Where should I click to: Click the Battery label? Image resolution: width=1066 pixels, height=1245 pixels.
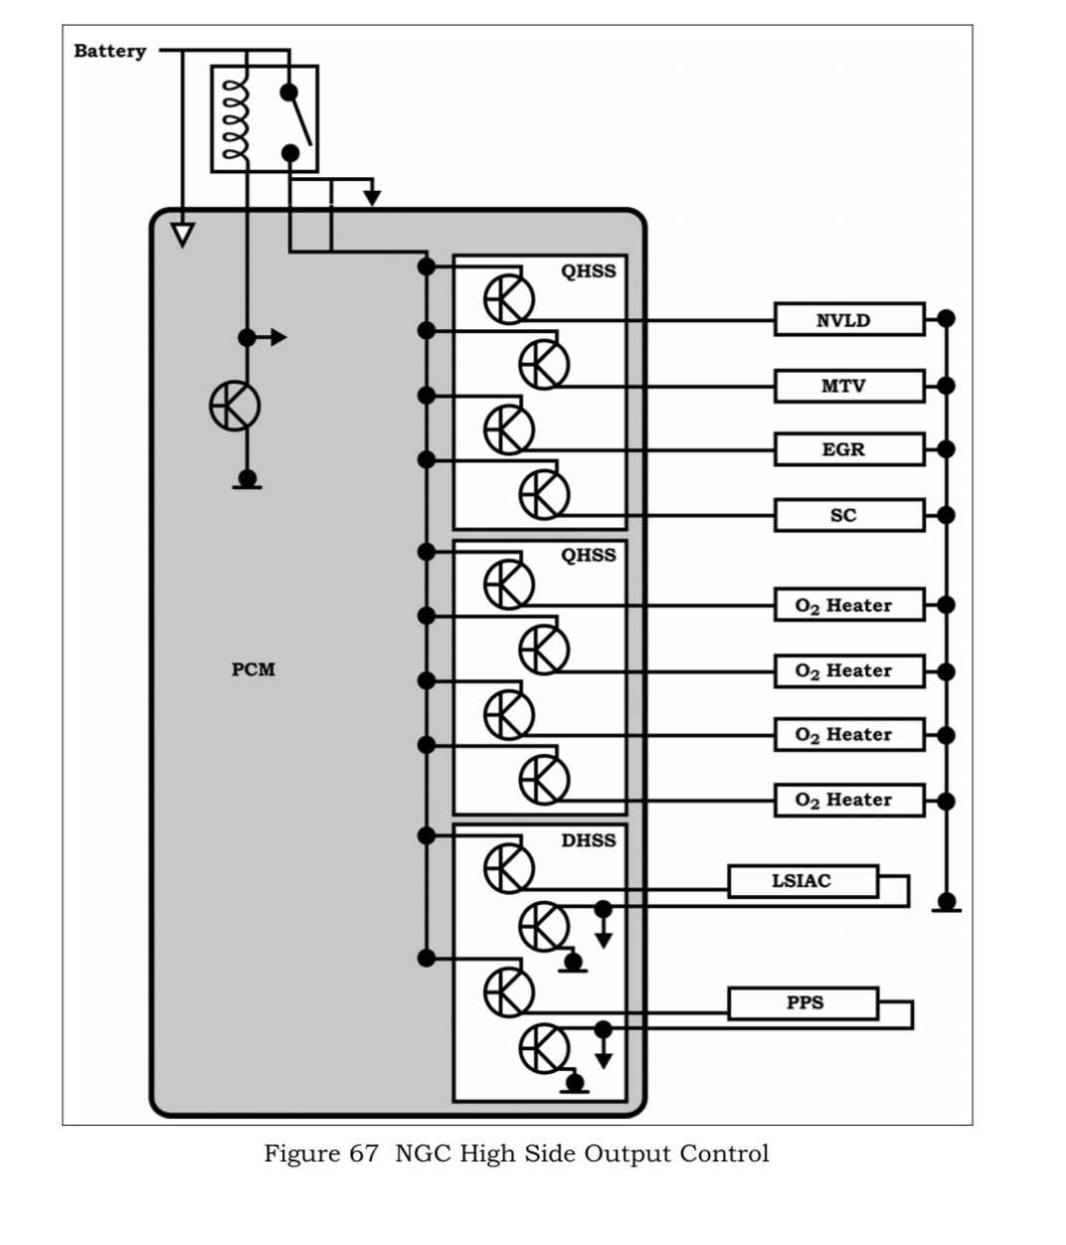click(x=109, y=52)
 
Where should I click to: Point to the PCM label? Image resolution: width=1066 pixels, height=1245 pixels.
click(x=253, y=669)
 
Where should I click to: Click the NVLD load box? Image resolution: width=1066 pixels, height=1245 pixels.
click(x=848, y=320)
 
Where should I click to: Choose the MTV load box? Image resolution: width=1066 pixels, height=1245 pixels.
click(x=848, y=386)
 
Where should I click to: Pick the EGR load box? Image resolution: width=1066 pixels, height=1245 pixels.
click(x=848, y=449)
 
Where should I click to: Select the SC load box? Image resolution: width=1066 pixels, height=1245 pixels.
click(x=848, y=515)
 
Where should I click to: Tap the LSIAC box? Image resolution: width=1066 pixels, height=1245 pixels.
click(x=802, y=881)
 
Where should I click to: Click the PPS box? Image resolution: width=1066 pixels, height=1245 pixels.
click(x=802, y=1002)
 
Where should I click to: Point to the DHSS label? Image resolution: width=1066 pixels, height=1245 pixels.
click(x=588, y=840)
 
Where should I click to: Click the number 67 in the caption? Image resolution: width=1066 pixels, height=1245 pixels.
click(x=363, y=1154)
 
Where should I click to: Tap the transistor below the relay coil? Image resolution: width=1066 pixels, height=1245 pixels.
click(x=235, y=406)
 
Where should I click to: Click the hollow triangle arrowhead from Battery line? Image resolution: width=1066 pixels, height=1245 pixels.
click(x=182, y=234)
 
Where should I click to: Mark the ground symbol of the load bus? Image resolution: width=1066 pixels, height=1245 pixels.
click(x=947, y=905)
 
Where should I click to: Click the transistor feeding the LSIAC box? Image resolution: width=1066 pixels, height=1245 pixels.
click(x=508, y=867)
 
